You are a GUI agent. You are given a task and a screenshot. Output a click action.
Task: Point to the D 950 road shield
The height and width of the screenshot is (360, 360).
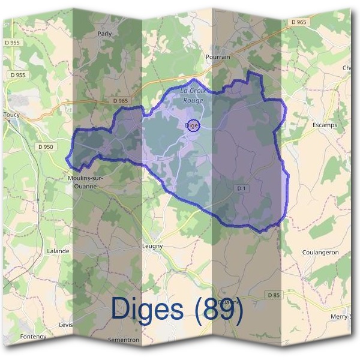pyautogui.click(x=45, y=146)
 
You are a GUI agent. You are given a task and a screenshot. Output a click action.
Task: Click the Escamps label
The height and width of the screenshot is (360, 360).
pyautogui.click(x=325, y=125)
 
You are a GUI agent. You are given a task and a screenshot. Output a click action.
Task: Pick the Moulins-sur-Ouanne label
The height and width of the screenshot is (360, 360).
pyautogui.click(x=89, y=182)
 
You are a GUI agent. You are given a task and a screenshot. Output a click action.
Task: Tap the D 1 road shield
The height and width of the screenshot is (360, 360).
pyautogui.click(x=241, y=188)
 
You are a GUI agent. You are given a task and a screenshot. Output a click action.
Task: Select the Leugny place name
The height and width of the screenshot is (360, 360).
pyautogui.click(x=152, y=246)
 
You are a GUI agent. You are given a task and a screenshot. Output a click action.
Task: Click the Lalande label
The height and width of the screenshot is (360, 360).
pyautogui.click(x=58, y=251)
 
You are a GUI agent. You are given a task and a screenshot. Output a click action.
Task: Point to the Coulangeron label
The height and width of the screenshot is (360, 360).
pyautogui.click(x=320, y=253)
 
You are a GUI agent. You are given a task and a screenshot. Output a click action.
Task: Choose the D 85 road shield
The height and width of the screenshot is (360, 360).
pyautogui.click(x=273, y=295)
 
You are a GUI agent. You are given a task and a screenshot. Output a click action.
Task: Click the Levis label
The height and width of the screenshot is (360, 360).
pyautogui.click(x=65, y=325)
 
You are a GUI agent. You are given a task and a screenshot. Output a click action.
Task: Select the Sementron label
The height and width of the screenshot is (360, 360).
pyautogui.click(x=124, y=340)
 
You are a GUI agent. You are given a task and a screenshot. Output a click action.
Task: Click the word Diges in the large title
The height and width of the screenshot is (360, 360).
pyautogui.click(x=146, y=308)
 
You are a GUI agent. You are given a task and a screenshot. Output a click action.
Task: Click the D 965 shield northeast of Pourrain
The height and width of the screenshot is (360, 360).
pyautogui.click(x=299, y=22)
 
